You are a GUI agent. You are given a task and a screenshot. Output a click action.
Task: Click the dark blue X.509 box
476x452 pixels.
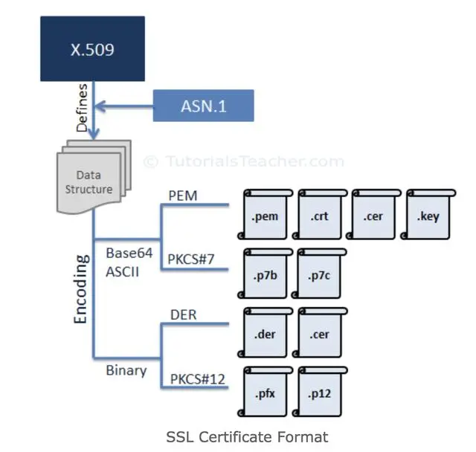click(92, 48)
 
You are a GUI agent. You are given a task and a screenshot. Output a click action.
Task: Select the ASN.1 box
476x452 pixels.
click(203, 106)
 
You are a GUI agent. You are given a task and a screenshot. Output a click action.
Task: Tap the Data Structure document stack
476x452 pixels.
click(94, 177)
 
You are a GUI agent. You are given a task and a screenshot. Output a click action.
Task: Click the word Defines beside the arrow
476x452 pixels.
click(82, 108)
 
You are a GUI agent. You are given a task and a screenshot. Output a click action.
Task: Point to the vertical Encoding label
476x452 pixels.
click(81, 289)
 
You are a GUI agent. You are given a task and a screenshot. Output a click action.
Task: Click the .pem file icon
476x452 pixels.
click(265, 214)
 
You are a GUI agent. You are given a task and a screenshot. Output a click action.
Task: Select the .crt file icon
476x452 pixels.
click(319, 214)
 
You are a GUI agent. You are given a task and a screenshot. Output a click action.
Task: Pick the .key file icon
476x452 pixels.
click(428, 214)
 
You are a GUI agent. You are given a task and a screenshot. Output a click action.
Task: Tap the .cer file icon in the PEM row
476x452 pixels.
click(373, 214)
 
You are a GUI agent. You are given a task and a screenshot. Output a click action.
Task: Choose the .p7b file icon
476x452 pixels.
click(265, 274)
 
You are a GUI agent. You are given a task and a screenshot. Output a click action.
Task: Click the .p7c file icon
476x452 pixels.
click(319, 274)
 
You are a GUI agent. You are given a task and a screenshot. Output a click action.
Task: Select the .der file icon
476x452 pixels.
click(265, 333)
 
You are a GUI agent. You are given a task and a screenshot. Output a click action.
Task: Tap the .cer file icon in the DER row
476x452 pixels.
click(319, 333)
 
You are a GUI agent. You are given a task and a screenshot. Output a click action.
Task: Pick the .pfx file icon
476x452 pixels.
click(265, 392)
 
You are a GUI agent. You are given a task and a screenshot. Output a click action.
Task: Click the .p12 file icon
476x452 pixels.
click(319, 392)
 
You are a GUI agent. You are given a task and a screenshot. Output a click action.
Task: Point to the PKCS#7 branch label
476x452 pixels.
click(191, 259)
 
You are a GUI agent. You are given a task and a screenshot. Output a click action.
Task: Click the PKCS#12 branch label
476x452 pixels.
click(198, 379)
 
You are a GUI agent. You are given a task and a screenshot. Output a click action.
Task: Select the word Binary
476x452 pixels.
click(126, 371)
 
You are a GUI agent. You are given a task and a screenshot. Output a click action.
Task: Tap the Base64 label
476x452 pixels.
click(129, 253)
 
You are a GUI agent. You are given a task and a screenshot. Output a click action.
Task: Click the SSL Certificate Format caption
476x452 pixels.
click(247, 437)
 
